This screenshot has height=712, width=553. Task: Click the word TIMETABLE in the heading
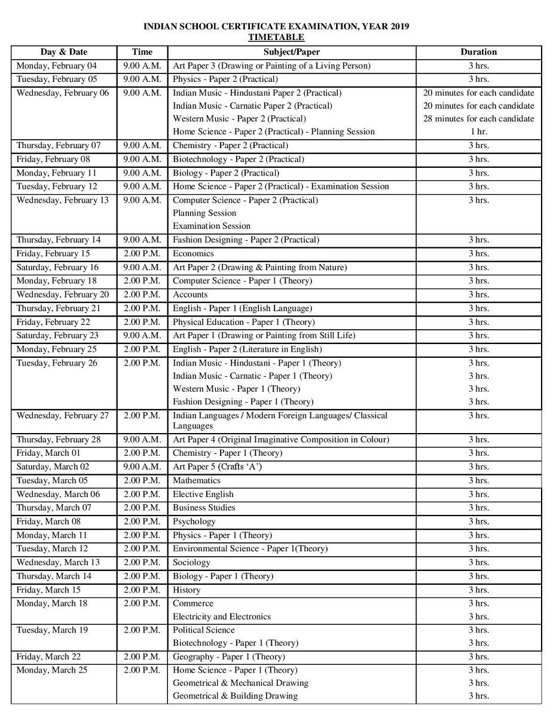tap(276, 37)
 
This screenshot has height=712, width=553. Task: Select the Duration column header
tap(478, 52)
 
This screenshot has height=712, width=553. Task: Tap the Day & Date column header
tap(64, 52)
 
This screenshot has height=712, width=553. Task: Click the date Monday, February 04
tap(56, 66)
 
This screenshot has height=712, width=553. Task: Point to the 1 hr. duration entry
tap(478, 131)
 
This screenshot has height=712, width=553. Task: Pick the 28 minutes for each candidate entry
tap(478, 118)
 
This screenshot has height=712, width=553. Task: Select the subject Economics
tap(193, 253)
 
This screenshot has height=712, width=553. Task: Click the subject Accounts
tap(190, 294)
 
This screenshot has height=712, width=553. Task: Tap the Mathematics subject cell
tap(196, 480)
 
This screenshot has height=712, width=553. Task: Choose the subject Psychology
tap(194, 521)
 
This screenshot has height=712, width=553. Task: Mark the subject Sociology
tap(191, 562)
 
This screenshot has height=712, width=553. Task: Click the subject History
tap(187, 590)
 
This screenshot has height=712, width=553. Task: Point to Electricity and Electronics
tap(221, 616)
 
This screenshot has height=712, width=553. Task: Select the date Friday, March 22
tap(48, 656)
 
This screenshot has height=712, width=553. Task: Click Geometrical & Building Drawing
tap(235, 695)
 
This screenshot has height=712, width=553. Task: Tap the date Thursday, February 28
tap(59, 440)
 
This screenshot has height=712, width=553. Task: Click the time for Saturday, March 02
tap(142, 467)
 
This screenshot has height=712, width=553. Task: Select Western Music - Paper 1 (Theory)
tap(236, 389)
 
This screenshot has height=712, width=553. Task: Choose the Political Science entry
tap(203, 630)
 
